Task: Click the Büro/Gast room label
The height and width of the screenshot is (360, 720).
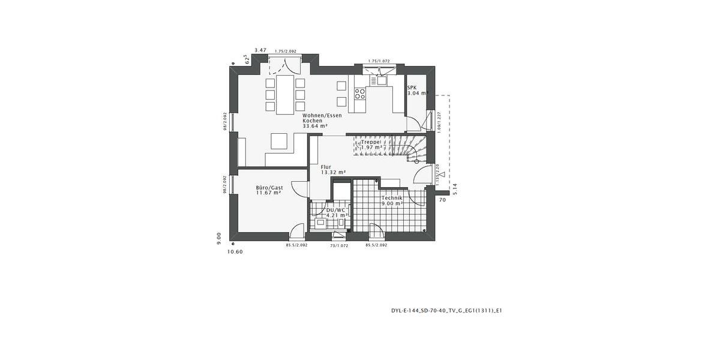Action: (268, 187)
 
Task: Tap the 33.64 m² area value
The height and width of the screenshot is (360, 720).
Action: (315, 126)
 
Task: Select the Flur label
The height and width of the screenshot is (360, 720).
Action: (326, 167)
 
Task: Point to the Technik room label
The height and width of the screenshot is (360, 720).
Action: (392, 198)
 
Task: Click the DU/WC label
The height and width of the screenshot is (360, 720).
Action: (335, 210)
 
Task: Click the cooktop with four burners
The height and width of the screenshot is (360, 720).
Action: (360, 93)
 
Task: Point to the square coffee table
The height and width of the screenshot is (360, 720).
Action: (279, 140)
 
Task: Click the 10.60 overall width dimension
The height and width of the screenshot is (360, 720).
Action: (235, 252)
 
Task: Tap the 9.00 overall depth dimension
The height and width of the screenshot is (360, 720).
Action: (220, 238)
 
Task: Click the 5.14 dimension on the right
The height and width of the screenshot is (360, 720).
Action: (455, 188)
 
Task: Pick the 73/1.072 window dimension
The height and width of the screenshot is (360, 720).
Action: (339, 245)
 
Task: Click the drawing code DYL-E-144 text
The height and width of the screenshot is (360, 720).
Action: (446, 311)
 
